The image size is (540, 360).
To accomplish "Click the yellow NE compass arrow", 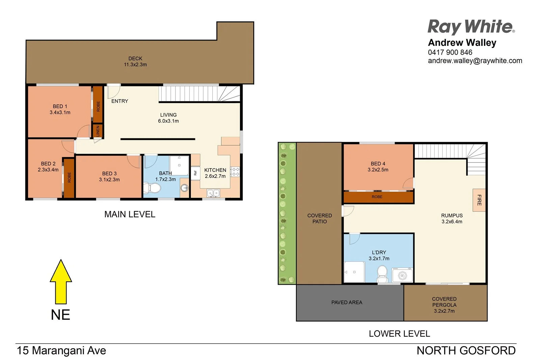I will [61, 282].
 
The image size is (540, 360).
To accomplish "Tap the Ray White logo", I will [471, 27].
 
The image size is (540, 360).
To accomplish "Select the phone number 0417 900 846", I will [450, 52].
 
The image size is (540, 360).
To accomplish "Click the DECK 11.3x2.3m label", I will [135, 61].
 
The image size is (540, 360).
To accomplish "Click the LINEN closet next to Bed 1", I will [98, 131].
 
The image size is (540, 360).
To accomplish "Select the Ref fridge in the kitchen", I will [195, 173].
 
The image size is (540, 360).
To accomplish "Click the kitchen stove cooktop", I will [235, 172].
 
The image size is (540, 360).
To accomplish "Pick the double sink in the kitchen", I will [213, 193].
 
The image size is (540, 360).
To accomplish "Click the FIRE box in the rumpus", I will [479, 200].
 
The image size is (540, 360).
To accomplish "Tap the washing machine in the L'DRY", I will [402, 275].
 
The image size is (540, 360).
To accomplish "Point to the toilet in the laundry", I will [382, 274].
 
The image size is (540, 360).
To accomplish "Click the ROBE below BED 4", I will [377, 197].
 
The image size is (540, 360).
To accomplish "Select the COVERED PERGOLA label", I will [444, 305].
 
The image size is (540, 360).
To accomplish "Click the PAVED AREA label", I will [347, 302].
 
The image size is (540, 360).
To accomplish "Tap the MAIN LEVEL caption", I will [130, 214].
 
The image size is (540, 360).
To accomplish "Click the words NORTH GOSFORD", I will [466, 351].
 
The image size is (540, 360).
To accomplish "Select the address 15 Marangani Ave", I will [61, 351].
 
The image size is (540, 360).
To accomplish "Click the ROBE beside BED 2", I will [69, 178].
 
